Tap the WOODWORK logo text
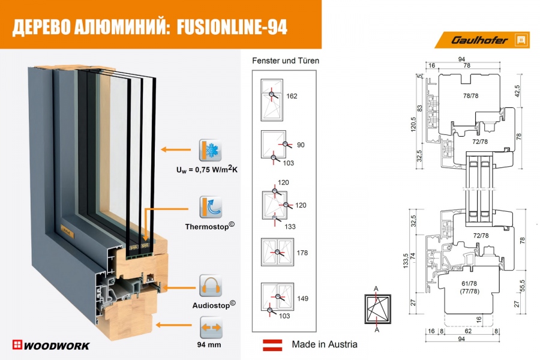[x=51, y=345]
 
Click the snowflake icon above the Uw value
[x=211, y=150]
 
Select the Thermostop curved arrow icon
[x=211, y=206]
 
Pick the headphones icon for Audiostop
[x=211, y=285]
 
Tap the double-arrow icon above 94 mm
[x=211, y=327]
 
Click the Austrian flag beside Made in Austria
[x=273, y=344]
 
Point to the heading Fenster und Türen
[x=286, y=61]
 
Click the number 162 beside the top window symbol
[x=292, y=96]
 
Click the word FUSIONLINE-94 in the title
[x=232, y=26]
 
